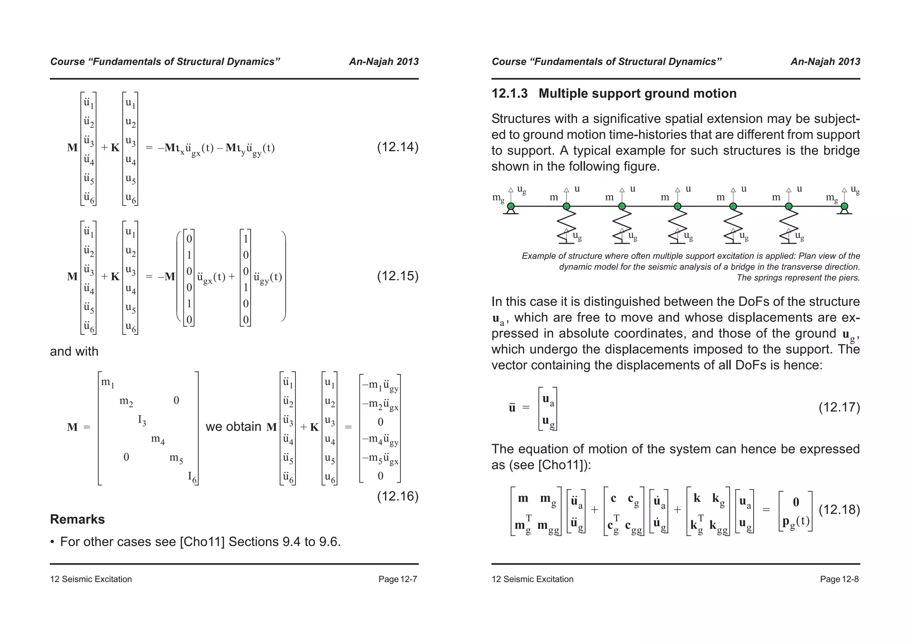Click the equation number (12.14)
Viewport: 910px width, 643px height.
coord(398,147)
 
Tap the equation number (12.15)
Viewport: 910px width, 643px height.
coord(398,276)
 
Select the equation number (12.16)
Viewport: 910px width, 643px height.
coord(398,496)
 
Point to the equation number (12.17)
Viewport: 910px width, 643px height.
coord(839,407)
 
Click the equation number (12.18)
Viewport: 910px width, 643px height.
coord(839,509)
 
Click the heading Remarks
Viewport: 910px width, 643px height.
coord(77,519)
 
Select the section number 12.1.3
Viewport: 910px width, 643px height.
coord(509,94)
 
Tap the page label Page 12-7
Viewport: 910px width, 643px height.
coord(398,579)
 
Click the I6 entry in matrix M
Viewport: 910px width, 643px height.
coord(192,477)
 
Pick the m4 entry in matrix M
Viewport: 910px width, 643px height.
coord(158,440)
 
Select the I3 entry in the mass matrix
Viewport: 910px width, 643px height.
coord(142,420)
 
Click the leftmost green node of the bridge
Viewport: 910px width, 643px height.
coord(511,206)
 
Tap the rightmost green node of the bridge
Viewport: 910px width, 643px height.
coord(844,206)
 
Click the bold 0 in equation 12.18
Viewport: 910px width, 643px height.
coord(796,502)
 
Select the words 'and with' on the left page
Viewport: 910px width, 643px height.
coord(74,351)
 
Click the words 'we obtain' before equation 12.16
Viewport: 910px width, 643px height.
coord(233,427)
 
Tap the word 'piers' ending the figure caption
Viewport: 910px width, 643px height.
coord(849,278)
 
